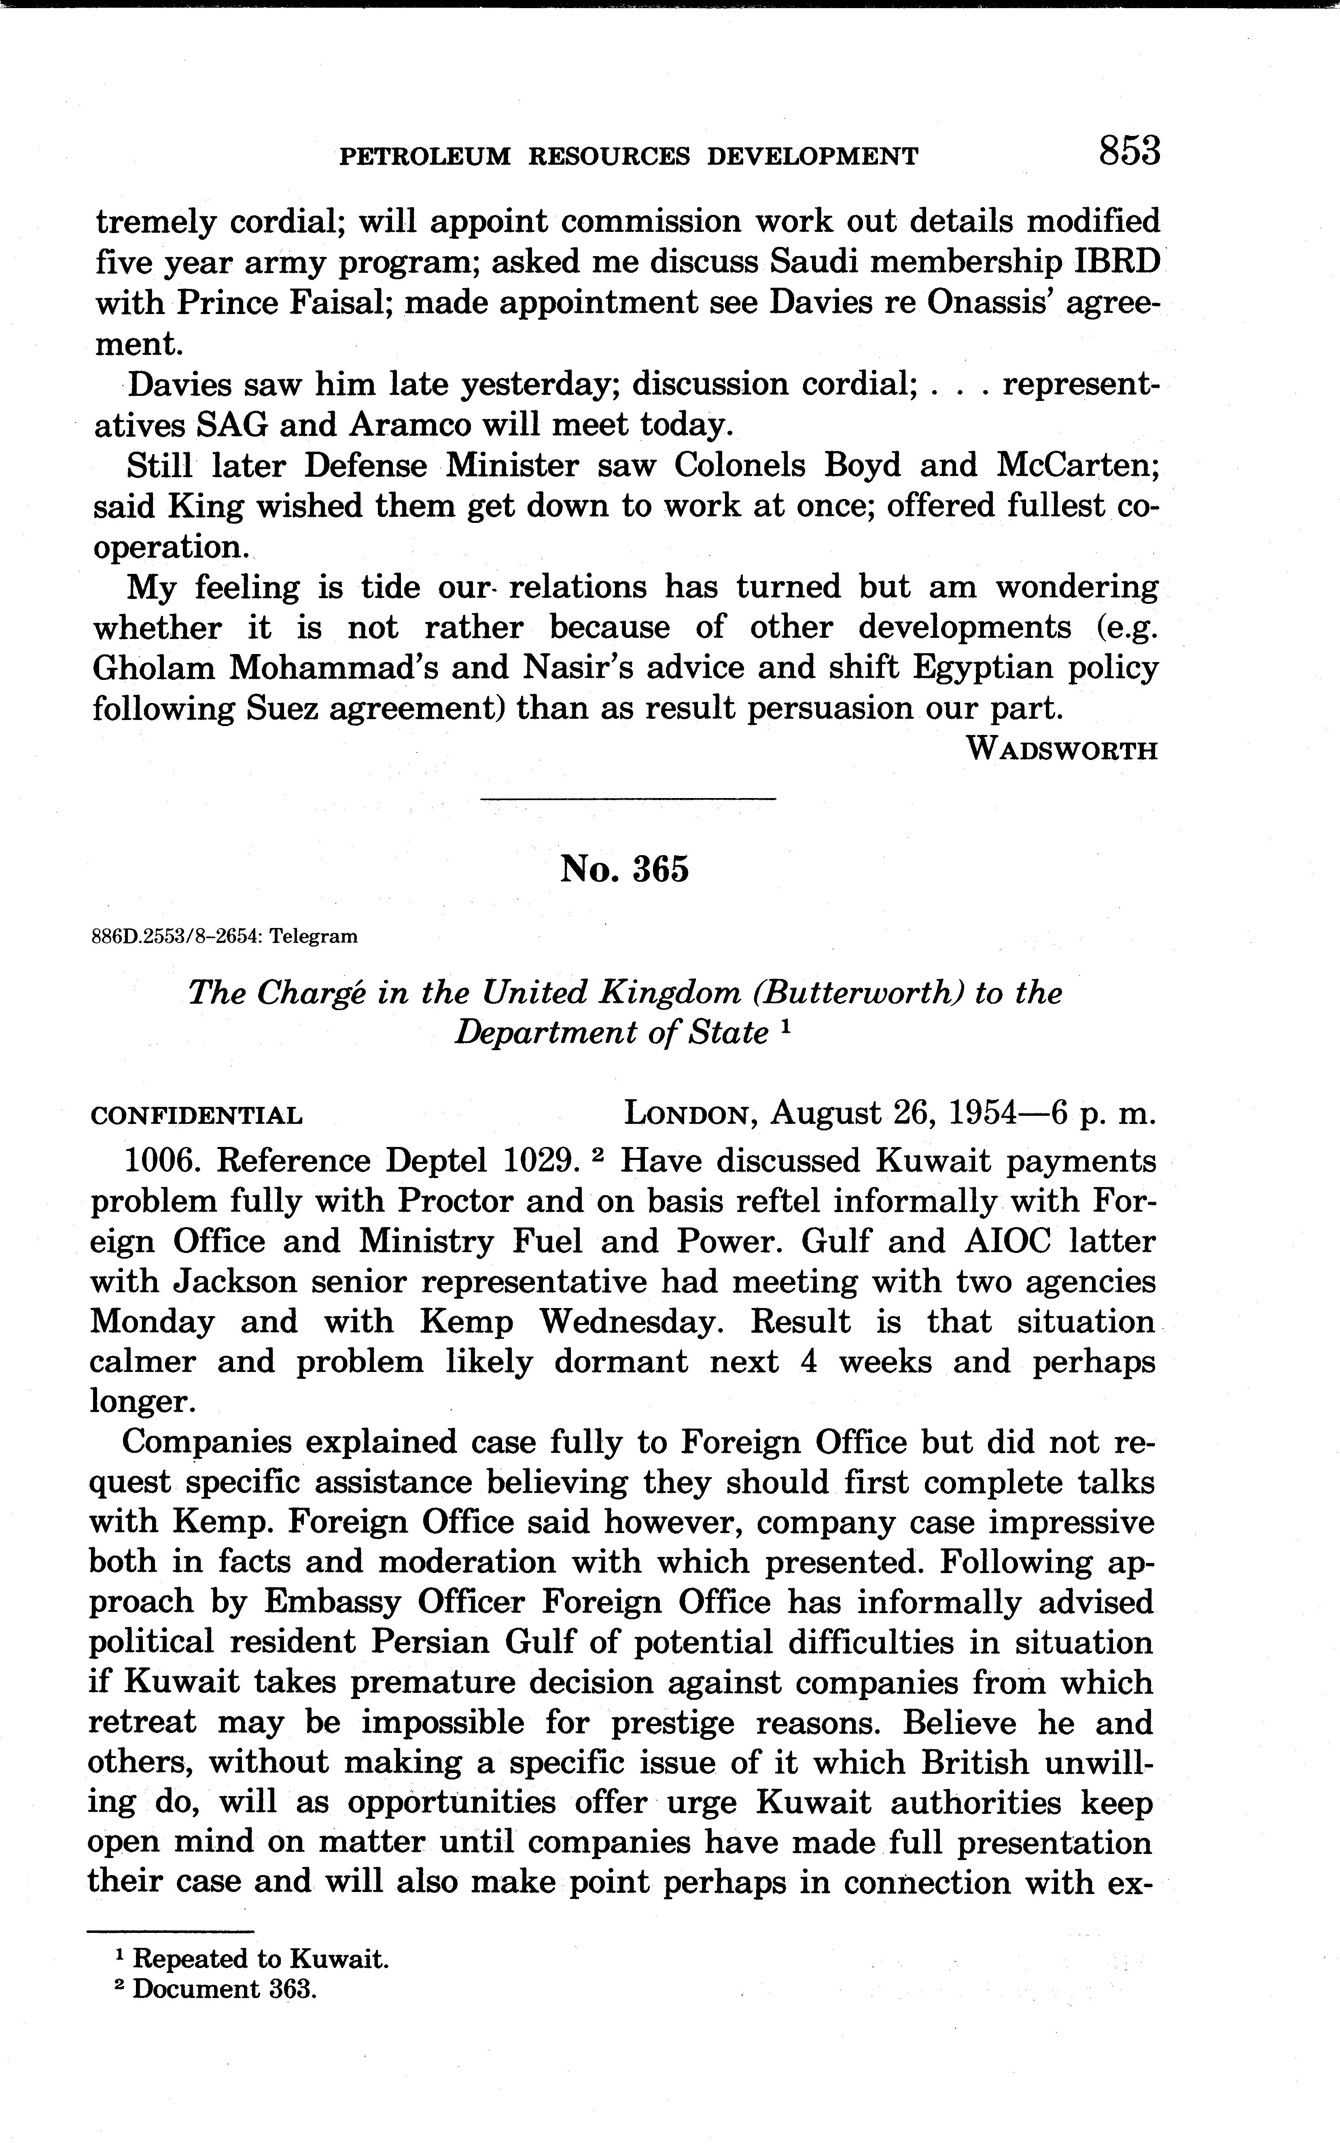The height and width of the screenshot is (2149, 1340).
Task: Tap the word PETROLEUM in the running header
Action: [x=425, y=157]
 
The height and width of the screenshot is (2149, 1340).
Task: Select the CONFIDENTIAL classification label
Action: [x=197, y=1115]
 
